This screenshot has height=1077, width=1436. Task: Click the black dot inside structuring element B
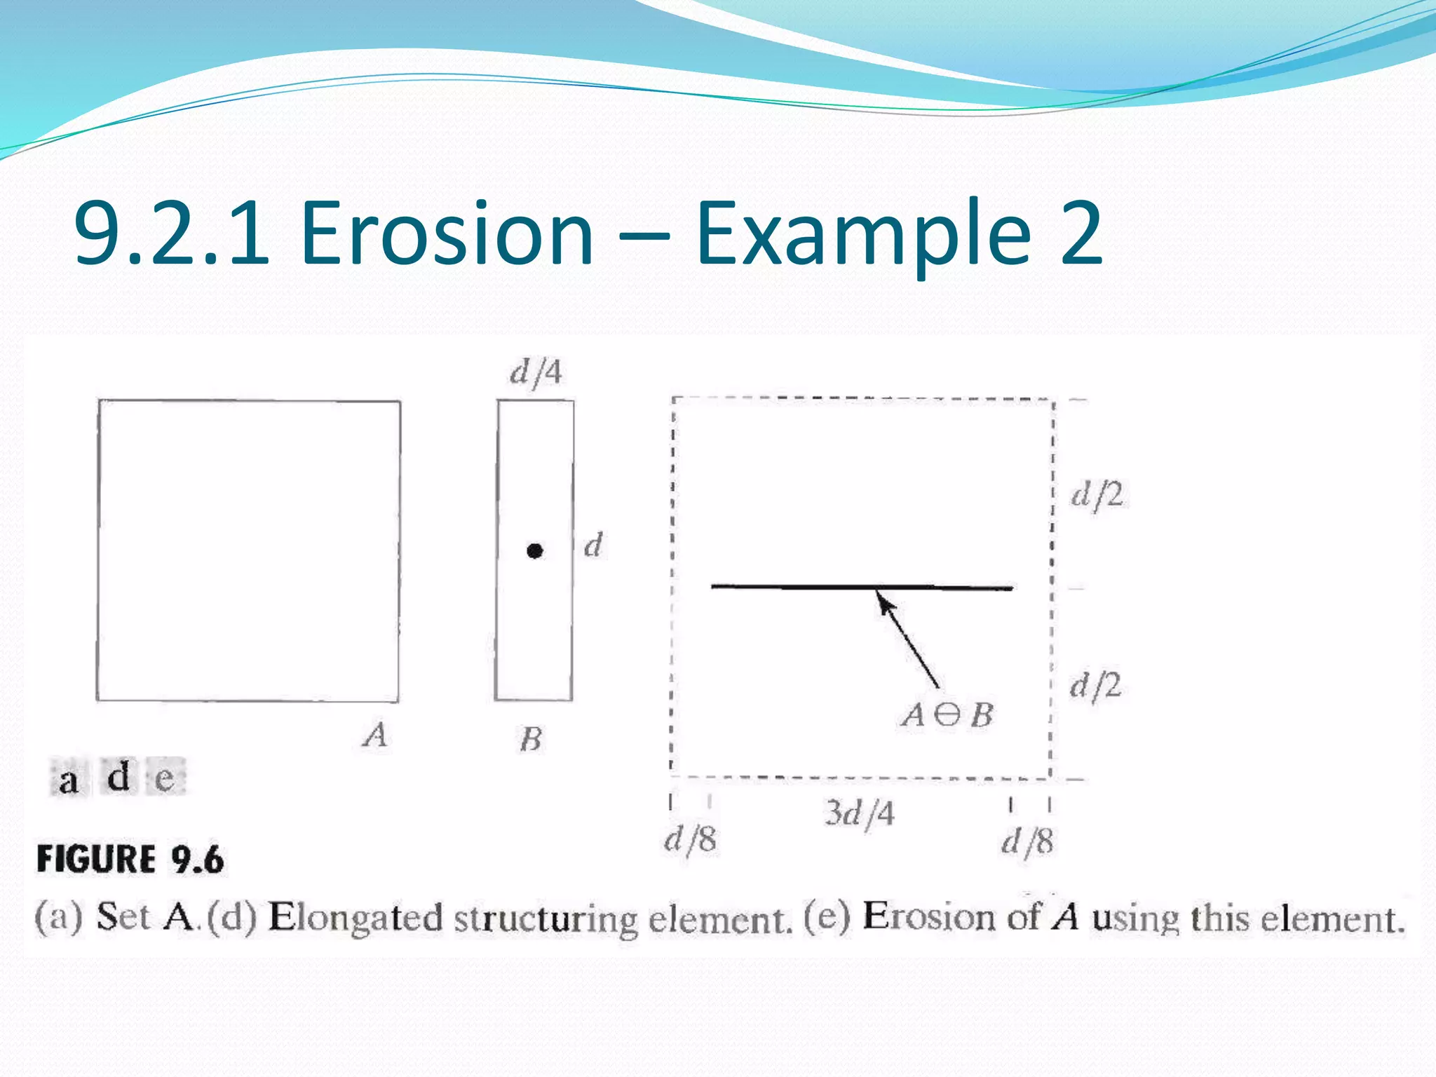534,551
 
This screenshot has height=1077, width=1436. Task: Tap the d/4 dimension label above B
536,372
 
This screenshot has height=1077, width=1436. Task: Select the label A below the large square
375,735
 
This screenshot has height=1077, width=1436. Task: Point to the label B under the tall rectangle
531,739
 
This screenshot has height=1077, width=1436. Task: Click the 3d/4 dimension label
860,813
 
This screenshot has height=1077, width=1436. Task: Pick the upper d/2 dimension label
1097,495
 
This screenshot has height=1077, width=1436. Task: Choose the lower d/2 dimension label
1095,685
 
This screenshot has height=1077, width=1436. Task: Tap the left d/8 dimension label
691,839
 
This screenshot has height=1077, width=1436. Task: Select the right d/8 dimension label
1027,841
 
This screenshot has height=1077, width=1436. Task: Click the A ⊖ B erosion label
947,715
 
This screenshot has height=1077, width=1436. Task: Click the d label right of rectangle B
593,545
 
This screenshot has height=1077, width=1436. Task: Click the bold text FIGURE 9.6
130,860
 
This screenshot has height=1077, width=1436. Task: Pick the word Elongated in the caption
355,917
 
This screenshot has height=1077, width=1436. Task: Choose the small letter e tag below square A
165,778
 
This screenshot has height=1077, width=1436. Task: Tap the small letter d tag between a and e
118,775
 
